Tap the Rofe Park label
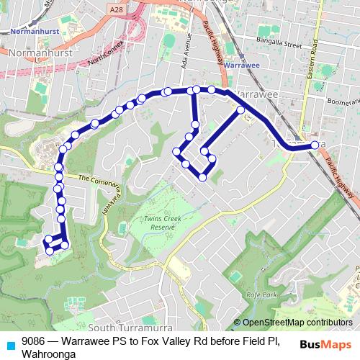click(x=261, y=295)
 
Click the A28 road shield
click(x=117, y=9)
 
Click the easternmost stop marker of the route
click(x=315, y=146)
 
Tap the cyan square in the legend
click(x=10, y=344)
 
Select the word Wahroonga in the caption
click(x=48, y=354)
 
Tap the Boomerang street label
click(x=343, y=102)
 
